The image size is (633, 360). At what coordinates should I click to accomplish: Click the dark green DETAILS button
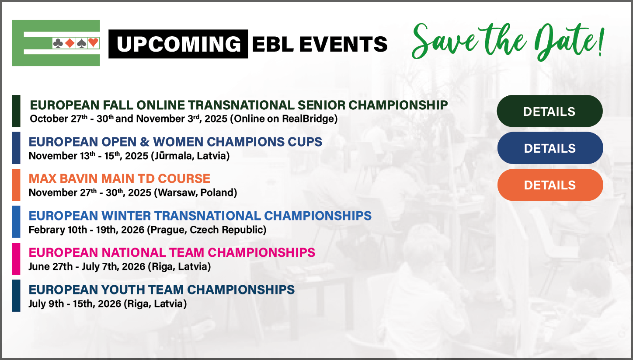coord(550,111)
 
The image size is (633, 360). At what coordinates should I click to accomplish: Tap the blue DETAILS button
coord(550,148)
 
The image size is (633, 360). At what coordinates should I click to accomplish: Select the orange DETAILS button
coord(550,185)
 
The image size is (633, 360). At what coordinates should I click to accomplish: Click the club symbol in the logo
coord(58,43)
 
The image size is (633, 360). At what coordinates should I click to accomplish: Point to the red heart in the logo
coord(93,43)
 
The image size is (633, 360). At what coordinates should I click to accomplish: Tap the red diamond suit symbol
coord(70,43)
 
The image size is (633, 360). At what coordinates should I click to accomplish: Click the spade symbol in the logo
coord(81,43)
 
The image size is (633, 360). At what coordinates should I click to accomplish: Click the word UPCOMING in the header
coord(179,44)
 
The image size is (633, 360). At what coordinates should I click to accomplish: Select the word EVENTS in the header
coord(343,44)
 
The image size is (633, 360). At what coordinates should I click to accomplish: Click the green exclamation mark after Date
coord(601,42)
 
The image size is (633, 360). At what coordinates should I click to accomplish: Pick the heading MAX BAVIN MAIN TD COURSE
coord(119,178)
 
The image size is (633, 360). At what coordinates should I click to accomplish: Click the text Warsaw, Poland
coord(197,192)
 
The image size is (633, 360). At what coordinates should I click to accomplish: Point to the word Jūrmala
coord(172,156)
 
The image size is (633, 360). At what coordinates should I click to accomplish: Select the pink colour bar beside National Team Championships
coord(16,259)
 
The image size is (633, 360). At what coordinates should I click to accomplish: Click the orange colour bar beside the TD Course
coord(16,185)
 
